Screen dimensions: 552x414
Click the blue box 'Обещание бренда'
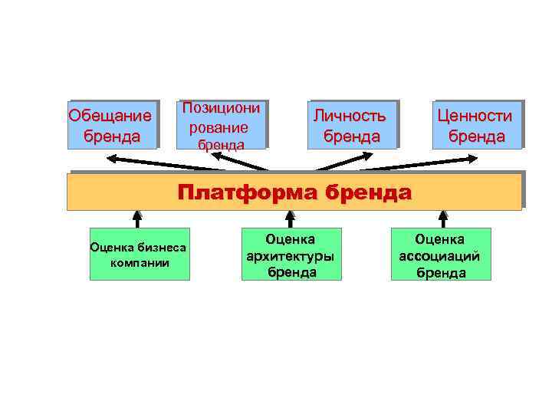pos(112,125)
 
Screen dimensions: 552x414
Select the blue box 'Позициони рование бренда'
pos(222,125)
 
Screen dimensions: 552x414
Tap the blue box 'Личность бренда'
pos(351,125)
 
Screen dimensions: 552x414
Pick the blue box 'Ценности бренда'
pos(475,125)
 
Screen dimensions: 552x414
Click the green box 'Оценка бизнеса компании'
pos(140,254)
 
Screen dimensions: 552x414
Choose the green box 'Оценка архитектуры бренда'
pos(291,254)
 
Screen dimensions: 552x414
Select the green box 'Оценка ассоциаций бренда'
pos(440,254)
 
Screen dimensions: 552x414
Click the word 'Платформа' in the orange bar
pos(247,191)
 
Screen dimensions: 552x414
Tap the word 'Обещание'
pos(110,117)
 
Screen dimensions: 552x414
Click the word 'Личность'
pos(349,116)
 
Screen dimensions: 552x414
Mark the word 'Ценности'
pos(475,116)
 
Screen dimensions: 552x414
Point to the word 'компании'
pos(140,262)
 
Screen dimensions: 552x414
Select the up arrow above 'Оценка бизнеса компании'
pos(137,215)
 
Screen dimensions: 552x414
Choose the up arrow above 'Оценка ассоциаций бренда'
pos(442,215)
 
